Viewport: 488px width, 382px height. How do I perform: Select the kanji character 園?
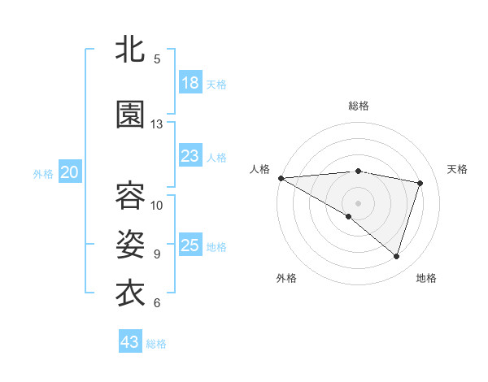pos(130,115)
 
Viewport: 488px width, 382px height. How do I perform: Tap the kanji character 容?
pos(130,195)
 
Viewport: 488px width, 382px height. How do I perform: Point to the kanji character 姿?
pos(130,243)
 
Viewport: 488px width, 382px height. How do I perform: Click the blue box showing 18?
pos(190,83)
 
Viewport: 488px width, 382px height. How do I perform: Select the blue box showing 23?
pos(190,156)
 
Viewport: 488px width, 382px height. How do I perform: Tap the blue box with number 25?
pos(190,245)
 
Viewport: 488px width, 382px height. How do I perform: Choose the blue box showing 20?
pos(69,172)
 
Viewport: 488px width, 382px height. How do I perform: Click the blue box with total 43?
pos(129,342)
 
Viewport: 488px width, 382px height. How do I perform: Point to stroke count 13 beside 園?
pos(156,124)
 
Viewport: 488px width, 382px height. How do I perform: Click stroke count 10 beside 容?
pos(157,205)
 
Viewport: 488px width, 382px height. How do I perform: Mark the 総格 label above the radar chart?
pos(358,106)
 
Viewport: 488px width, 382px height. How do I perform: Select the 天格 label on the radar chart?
pos(457,169)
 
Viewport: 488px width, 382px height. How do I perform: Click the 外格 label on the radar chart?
pos(286,278)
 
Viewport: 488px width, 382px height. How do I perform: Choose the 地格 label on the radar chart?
pos(426,278)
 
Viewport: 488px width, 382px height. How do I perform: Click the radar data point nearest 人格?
pos(281,178)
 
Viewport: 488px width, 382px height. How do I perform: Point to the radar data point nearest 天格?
pos(420,183)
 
